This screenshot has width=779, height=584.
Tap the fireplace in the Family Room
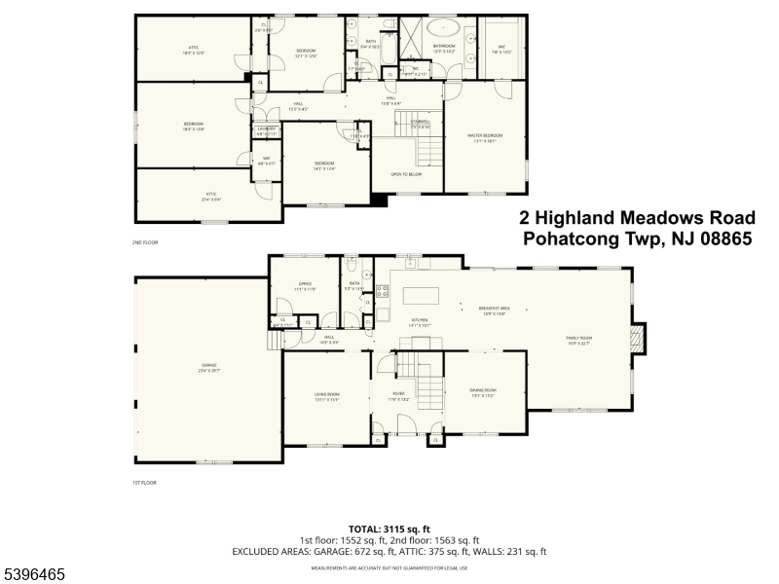point(638,340)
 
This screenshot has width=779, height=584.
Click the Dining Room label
point(484,391)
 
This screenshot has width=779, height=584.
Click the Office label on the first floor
point(305,286)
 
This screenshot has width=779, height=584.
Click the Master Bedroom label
point(487,137)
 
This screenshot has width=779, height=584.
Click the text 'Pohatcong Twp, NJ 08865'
point(637,239)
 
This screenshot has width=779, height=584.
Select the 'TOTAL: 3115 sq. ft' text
point(389,529)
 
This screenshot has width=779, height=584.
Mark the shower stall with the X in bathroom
point(408,38)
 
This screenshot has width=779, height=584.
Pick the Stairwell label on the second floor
point(420,123)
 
